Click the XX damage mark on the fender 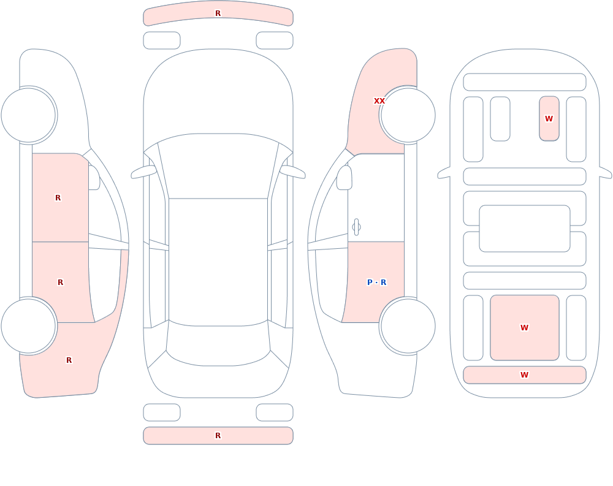[379, 101]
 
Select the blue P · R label [376, 283]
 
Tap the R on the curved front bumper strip [218, 13]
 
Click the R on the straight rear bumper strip [218, 436]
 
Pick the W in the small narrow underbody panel [549, 118]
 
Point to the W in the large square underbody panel [524, 328]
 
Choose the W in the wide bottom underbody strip [524, 375]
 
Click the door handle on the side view [356, 227]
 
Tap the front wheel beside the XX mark [408, 115]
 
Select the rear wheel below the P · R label [408, 326]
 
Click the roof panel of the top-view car [218, 262]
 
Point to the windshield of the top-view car [218, 166]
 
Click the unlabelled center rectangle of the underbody [525, 229]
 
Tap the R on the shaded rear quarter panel [69, 360]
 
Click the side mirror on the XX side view [344, 178]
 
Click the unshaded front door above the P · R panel [376, 197]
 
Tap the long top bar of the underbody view [525, 82]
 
